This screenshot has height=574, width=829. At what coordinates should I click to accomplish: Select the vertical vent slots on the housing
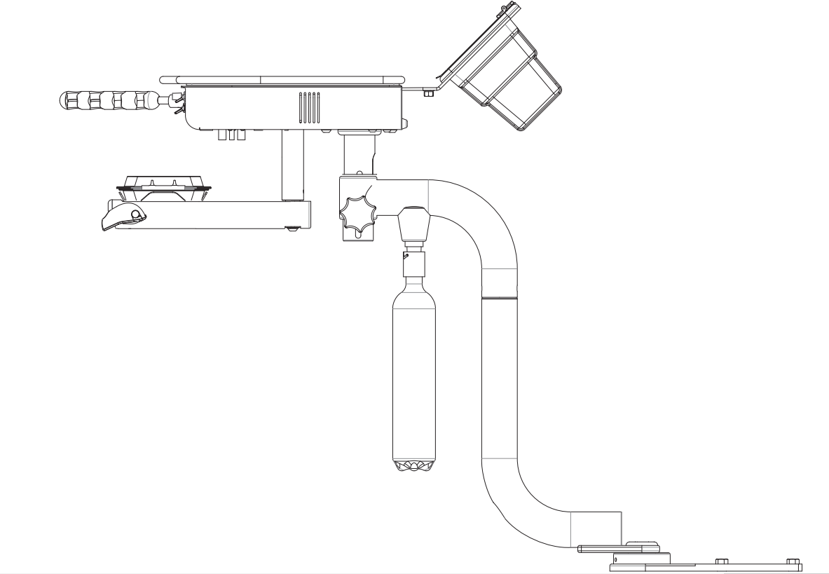[309, 107]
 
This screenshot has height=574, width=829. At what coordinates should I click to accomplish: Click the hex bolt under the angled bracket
[429, 93]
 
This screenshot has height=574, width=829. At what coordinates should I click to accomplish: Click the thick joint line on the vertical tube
[500, 298]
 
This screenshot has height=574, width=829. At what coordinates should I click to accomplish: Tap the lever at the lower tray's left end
[122, 217]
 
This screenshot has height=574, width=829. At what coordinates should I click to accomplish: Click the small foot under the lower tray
[292, 228]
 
